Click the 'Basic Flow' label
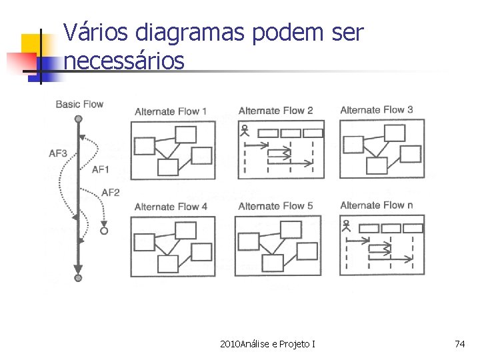tap(79, 104)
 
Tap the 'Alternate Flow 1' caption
tap(171, 111)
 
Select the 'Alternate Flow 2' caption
tap(275, 111)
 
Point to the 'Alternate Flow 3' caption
tap(377, 110)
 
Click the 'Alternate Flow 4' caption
tap(171, 207)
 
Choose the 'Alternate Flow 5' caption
tap(275, 206)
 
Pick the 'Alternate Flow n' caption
tap(377, 205)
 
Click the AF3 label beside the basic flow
tap(58, 153)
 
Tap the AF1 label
tap(101, 170)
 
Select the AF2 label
tap(111, 193)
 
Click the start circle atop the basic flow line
tap(78, 119)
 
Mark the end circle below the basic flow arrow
tap(78, 277)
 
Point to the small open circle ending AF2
tap(103, 231)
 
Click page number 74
tap(459, 344)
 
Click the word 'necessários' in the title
tap(124, 61)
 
